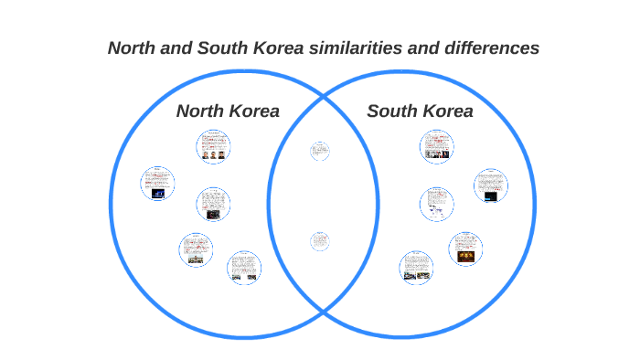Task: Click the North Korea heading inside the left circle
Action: tap(228, 111)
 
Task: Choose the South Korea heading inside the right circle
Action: tap(420, 111)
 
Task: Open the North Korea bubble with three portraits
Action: tap(213, 146)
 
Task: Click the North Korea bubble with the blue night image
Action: tap(157, 184)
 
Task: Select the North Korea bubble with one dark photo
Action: tap(213, 205)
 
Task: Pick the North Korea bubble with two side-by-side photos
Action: tap(244, 267)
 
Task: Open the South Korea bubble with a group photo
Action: tap(437, 146)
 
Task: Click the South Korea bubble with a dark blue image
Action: tap(490, 185)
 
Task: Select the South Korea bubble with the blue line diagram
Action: tap(437, 204)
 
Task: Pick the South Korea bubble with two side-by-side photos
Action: tap(416, 267)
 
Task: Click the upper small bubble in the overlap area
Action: tap(319, 151)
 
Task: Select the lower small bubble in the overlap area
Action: tap(319, 242)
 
